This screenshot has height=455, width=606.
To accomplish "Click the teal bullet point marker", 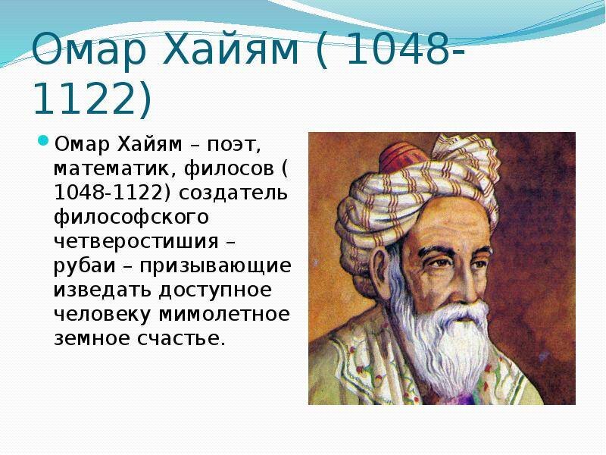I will (x=42, y=141).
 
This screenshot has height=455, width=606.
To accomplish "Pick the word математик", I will (x=98, y=168).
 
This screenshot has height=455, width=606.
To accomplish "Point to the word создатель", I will (x=245, y=192).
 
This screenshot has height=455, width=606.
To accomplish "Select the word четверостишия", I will (x=140, y=241).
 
